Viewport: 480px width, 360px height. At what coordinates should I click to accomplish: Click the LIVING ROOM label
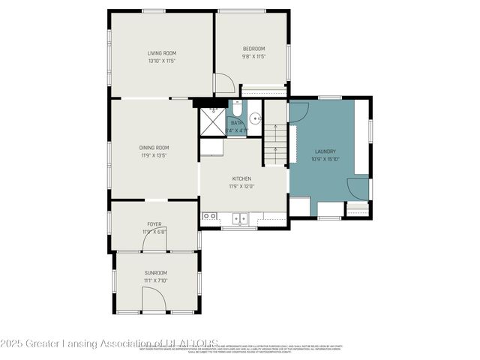[161, 52]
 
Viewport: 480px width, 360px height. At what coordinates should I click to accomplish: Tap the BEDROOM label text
[253, 49]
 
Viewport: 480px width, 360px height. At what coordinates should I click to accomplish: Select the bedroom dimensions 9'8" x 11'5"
[253, 56]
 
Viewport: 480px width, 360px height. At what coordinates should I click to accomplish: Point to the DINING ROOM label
[154, 148]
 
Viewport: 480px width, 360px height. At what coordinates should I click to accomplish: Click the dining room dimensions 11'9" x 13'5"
[154, 155]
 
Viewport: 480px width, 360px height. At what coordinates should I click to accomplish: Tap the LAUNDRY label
[324, 151]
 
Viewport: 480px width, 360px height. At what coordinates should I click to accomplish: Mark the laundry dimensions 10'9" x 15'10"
[324, 158]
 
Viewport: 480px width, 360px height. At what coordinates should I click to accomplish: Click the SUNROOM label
[156, 272]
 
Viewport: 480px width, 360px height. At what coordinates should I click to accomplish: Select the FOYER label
[154, 223]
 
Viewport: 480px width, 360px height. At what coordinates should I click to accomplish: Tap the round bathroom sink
[255, 118]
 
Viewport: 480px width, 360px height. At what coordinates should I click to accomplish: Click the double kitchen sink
[239, 218]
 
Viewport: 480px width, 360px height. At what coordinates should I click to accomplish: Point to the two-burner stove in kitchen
[209, 217]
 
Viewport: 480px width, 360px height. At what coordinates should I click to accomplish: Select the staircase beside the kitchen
[274, 145]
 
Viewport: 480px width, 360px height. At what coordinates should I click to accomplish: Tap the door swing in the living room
[223, 82]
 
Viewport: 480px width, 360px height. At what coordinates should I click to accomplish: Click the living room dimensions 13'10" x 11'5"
[161, 61]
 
